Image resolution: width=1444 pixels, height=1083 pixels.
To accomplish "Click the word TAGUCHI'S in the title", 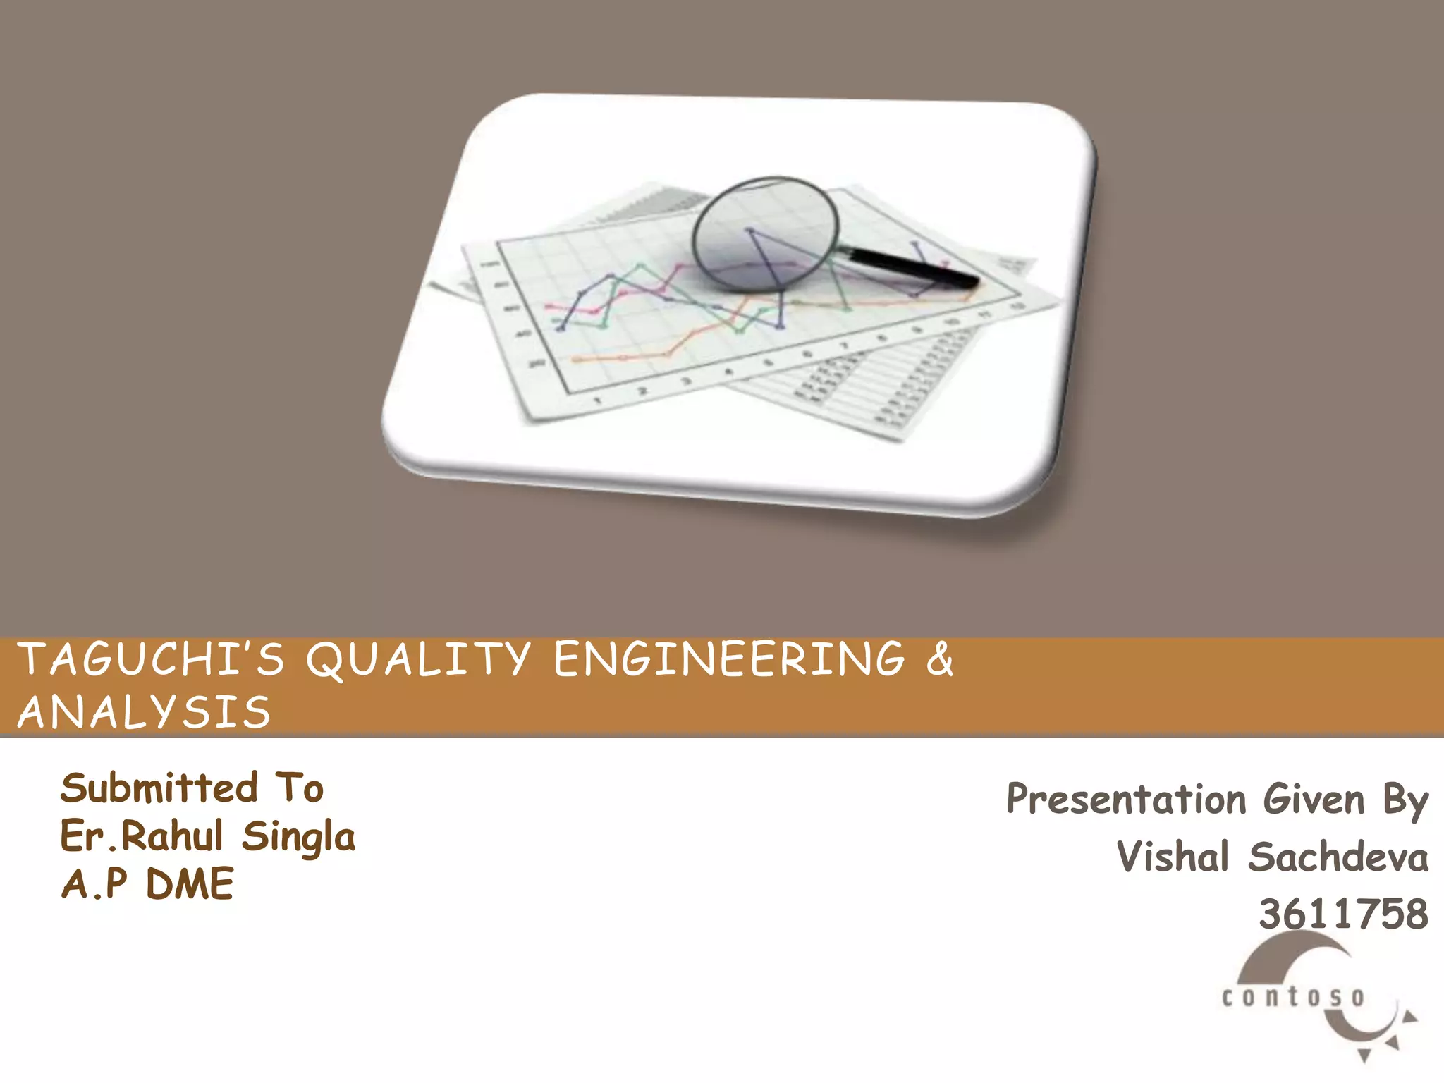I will [x=151, y=660].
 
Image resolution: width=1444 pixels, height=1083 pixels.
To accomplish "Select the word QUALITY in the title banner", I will [x=417, y=660].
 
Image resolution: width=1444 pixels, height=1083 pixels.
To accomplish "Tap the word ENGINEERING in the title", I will [x=730, y=660].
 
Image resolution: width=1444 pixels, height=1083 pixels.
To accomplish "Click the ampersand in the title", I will [x=940, y=660].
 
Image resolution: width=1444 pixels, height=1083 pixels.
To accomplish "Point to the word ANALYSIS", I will [x=145, y=711].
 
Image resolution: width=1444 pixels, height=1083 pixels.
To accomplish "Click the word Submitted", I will [x=159, y=788].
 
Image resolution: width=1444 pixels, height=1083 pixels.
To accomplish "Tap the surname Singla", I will [x=299, y=838].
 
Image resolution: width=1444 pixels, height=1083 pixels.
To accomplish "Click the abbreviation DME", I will [x=190, y=884].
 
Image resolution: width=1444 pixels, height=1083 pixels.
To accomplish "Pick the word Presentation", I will [x=1126, y=800].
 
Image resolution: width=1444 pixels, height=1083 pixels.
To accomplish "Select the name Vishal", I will [x=1173, y=857].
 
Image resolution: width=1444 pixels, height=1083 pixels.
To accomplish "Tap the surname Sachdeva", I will [x=1338, y=857].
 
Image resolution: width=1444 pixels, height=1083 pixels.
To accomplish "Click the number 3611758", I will [x=1343, y=914].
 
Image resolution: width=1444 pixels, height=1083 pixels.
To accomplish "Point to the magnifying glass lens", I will [x=765, y=233].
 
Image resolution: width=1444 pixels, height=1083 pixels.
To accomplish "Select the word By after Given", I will [x=1405, y=801].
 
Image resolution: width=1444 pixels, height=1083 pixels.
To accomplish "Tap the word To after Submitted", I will [x=300, y=788].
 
